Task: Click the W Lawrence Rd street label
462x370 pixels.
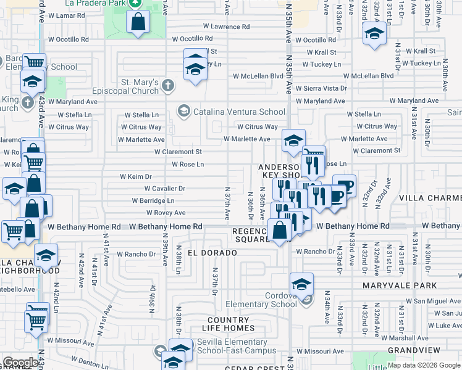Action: coord(226,27)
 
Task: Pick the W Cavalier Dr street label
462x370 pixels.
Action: coord(165,189)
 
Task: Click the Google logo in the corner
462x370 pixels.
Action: coord(21,363)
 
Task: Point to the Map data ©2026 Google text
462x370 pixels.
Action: coord(424,365)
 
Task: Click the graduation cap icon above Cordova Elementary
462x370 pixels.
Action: coord(301,284)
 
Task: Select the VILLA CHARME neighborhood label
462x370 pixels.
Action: coord(430,198)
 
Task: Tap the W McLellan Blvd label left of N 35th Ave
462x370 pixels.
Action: coord(258,76)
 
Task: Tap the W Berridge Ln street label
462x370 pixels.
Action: coord(153,201)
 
